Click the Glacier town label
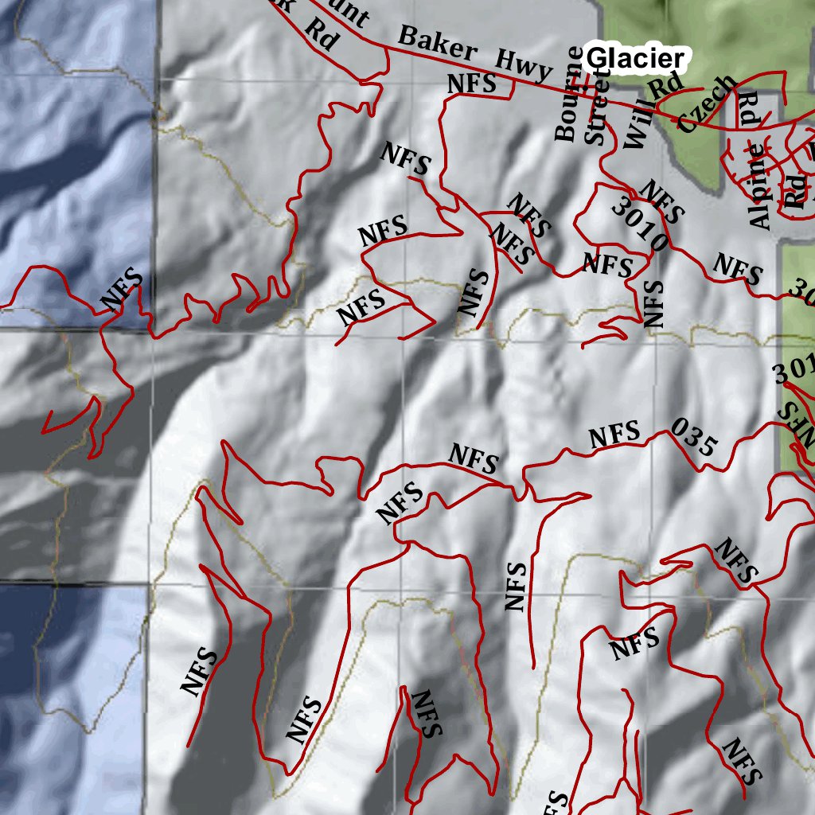point(634,58)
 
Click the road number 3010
point(639,226)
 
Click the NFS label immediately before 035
point(614,435)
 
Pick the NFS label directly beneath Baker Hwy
point(472,83)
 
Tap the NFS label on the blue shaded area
point(123,291)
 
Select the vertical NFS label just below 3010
point(653,303)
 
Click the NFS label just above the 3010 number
point(661,202)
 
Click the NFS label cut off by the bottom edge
point(558,802)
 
